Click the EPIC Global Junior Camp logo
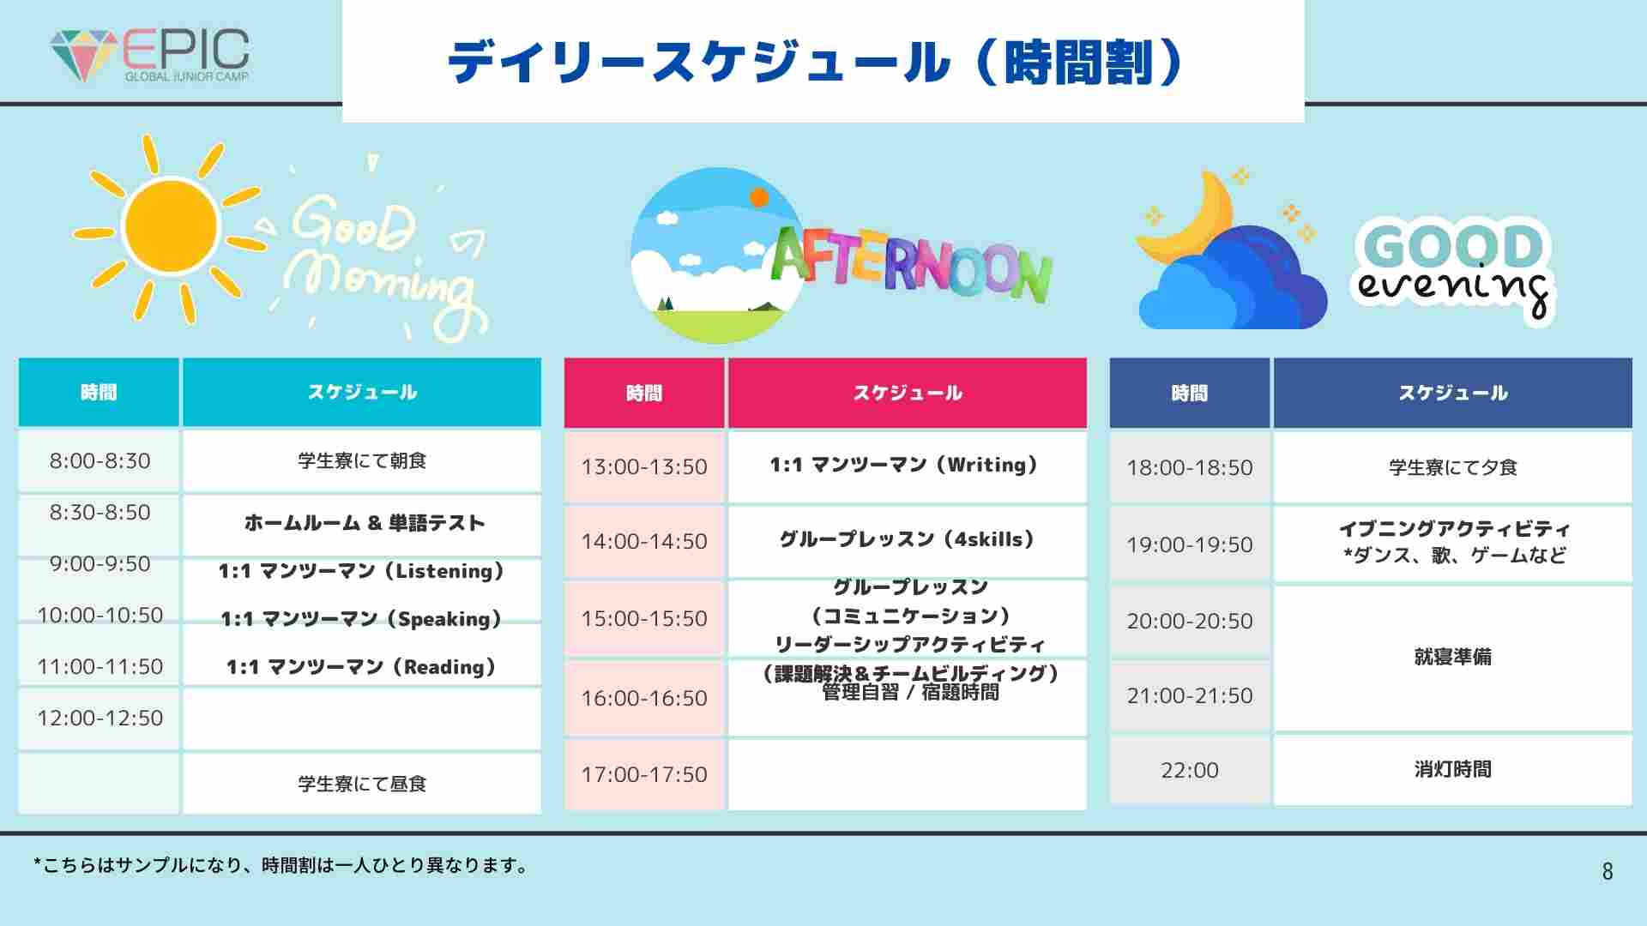[x=150, y=55]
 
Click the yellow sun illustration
[x=171, y=228]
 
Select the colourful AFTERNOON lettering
[x=911, y=264]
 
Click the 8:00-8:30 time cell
[x=100, y=460]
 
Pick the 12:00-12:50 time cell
[x=100, y=718]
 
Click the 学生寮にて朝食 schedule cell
[x=362, y=460]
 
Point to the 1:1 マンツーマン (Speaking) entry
[x=361, y=619]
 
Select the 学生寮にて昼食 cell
[x=362, y=783]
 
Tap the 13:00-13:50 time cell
[x=644, y=466]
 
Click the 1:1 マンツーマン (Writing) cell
[x=908, y=466]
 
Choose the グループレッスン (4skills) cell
[x=908, y=541]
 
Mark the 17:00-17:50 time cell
[x=644, y=774]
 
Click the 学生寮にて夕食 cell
[x=1453, y=467]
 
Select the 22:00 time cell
[x=1190, y=770]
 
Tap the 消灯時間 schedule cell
[x=1453, y=770]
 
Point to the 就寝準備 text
[x=1453, y=657]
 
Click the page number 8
[x=1608, y=871]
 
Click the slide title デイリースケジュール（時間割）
[x=816, y=62]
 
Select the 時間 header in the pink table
[x=644, y=393]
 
